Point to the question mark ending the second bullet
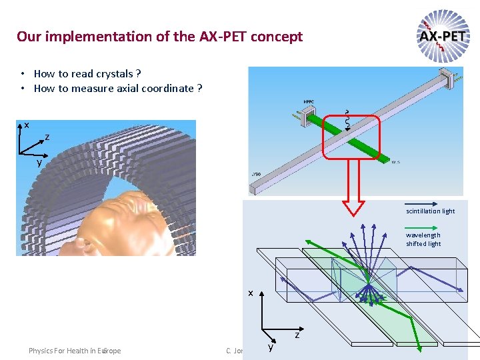coord(199,88)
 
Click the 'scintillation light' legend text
coord(431,211)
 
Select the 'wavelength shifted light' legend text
coord(423,239)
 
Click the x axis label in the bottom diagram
coord(251,293)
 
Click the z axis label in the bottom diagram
coord(297,335)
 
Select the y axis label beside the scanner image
coord(39,162)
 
